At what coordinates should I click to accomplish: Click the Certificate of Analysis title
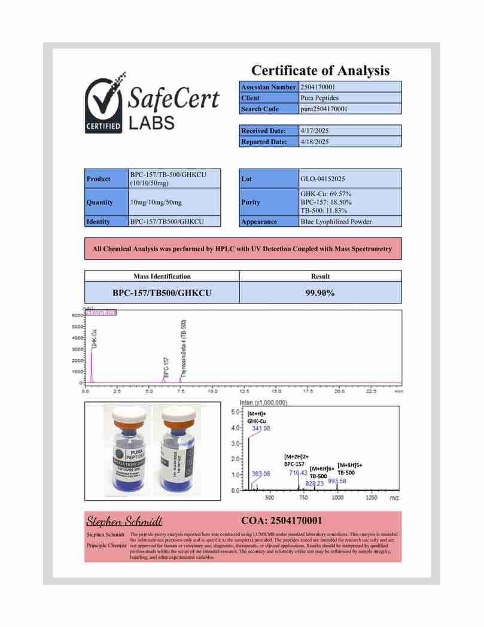320,71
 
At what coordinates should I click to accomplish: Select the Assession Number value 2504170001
321,87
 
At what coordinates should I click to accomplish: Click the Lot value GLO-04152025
322,179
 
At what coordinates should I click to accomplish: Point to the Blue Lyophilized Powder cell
336,221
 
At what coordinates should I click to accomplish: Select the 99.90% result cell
320,293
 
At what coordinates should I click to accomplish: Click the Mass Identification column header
162,276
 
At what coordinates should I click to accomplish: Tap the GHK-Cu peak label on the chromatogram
95,339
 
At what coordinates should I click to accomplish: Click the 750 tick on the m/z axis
304,498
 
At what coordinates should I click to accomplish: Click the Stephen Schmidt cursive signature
124,520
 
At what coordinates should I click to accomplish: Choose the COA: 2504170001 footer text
281,520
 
